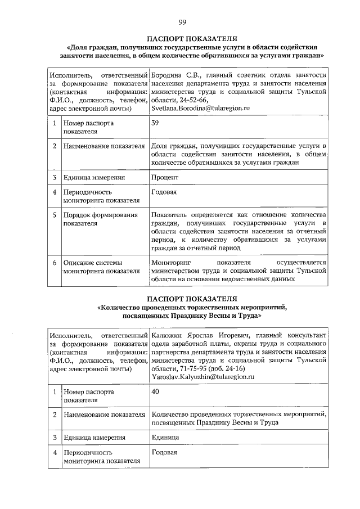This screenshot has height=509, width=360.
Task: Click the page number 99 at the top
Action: pos(182,22)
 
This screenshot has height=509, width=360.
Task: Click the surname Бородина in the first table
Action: pos(169,75)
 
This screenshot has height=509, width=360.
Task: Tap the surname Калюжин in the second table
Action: pos(169,336)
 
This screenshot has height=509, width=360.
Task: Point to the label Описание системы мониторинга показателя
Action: pos(101,267)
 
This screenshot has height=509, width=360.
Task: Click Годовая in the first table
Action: pos(164,192)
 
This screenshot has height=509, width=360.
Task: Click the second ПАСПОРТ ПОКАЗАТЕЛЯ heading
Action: pos(191,298)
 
